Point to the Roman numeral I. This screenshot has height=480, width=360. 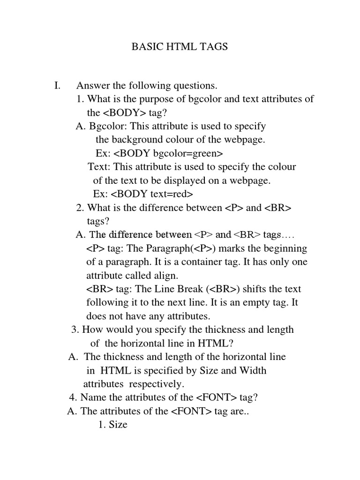coord(57,86)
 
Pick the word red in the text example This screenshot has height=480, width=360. coord(182,194)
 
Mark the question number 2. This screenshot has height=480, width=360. coord(79,208)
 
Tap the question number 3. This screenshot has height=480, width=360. coord(74,330)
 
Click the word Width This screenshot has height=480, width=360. coord(253,371)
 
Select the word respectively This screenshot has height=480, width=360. coord(156,384)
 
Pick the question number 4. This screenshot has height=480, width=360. coord(72,398)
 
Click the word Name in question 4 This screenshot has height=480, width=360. coord(92,398)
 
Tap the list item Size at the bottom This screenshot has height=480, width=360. coord(118,425)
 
